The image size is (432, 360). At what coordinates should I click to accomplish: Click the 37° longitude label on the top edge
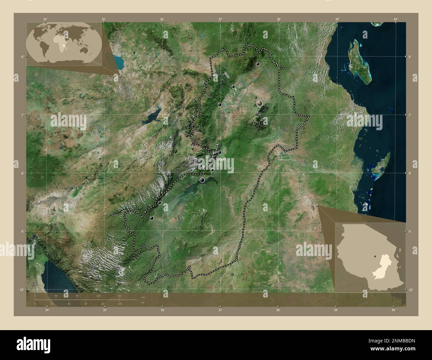220,20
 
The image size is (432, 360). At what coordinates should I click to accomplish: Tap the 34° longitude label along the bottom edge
47,310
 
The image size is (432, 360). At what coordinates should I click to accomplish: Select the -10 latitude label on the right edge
410,290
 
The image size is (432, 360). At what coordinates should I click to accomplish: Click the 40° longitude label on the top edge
395,20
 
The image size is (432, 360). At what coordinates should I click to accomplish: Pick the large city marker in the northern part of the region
260,104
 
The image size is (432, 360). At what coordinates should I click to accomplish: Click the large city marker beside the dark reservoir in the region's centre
202,180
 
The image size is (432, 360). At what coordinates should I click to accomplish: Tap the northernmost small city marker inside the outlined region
258,64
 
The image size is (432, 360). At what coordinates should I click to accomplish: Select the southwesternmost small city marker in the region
152,218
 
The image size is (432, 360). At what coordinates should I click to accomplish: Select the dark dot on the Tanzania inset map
375,256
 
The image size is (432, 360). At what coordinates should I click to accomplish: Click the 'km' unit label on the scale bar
143,297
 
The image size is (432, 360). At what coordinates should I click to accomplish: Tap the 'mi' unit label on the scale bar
143,303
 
